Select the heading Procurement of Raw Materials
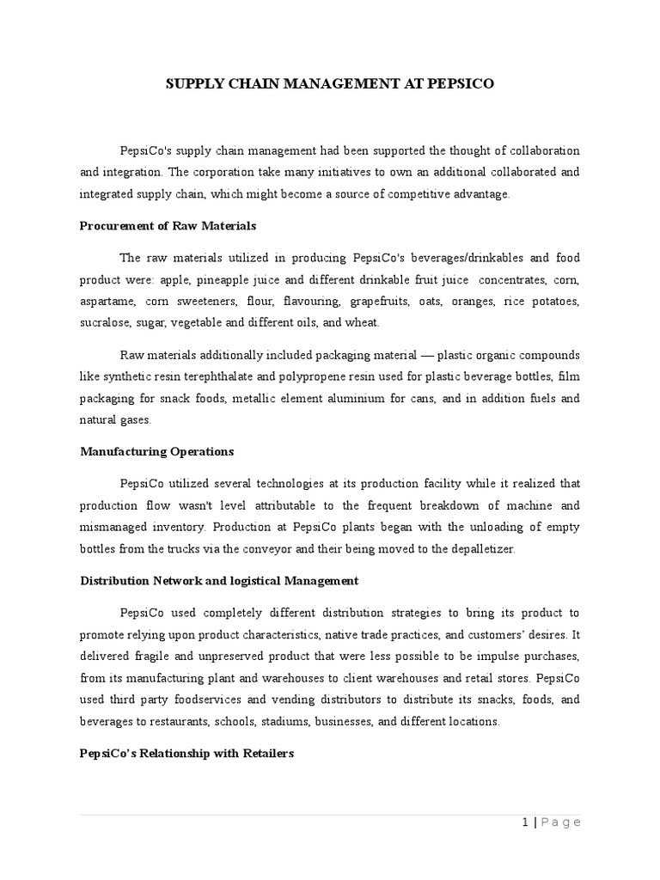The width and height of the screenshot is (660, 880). [168, 225]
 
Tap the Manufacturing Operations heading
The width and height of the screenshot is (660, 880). [156, 451]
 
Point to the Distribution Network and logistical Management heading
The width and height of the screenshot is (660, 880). [219, 581]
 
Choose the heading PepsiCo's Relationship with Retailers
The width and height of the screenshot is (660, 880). [186, 753]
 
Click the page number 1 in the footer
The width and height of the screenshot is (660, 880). [524, 822]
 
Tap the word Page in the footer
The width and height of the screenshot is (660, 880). [562, 822]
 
